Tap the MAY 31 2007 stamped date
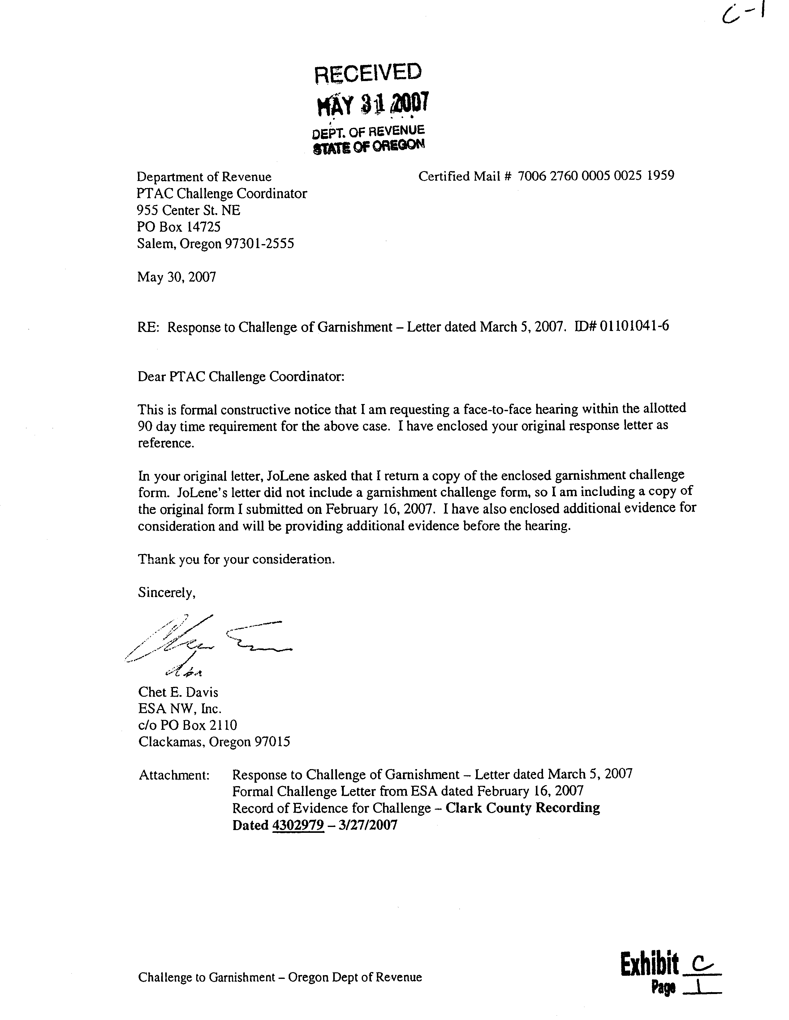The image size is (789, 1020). coord(372,104)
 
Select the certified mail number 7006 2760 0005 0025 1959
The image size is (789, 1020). coord(596,176)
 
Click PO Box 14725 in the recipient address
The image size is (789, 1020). coord(179,227)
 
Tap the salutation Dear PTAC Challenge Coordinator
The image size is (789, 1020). coord(241,377)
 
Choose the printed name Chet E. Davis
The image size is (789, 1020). coord(178,692)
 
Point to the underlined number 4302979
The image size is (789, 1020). coord(298,825)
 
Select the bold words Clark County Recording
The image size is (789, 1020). coord(522,808)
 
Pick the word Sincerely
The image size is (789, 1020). coord(166,593)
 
